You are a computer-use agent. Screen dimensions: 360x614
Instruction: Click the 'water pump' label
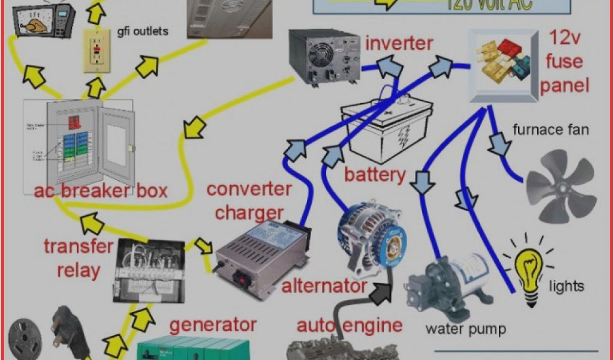pos(465,329)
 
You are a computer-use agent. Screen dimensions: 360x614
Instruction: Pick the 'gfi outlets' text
pos(143,30)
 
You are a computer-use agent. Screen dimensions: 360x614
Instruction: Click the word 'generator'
pos(213,325)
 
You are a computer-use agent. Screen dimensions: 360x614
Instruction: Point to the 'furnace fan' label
pos(551,129)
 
